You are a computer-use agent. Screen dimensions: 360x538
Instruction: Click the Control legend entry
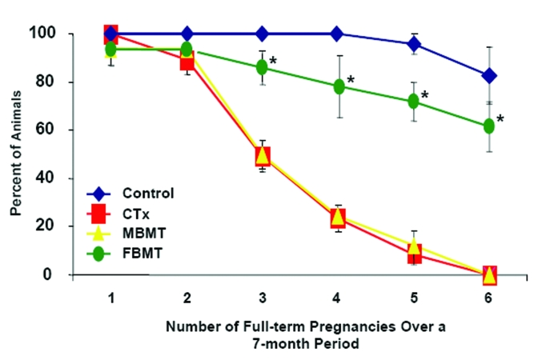tap(148, 193)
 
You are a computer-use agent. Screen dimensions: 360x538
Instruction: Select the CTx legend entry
tap(135, 214)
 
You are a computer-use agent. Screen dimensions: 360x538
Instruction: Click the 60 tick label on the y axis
tap(46, 130)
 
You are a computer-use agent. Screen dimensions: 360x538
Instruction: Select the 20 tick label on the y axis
tap(46, 226)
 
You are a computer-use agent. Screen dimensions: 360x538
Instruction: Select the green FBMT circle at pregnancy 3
tap(263, 68)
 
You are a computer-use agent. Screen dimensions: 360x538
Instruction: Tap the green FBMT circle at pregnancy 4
tap(339, 86)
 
